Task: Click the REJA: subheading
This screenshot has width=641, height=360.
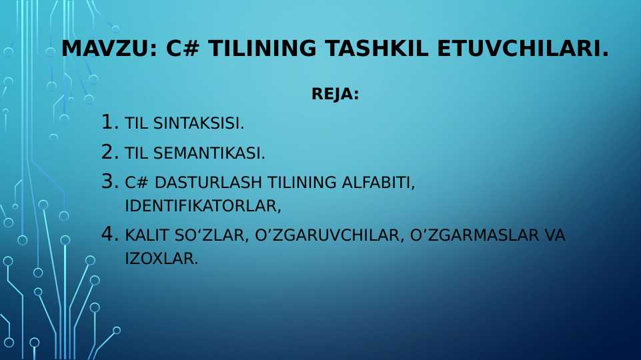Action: tap(335, 95)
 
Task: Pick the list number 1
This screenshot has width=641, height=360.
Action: tap(109, 122)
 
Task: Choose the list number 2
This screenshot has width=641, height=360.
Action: tap(109, 152)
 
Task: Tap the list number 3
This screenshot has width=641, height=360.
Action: tap(109, 181)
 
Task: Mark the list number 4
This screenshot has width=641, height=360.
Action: tap(109, 235)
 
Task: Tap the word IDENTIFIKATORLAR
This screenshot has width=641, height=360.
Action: tap(202, 206)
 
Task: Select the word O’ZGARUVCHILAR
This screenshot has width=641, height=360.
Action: tap(326, 236)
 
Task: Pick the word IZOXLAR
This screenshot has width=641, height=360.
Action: tap(161, 259)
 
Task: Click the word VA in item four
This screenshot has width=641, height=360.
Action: tap(554, 236)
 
